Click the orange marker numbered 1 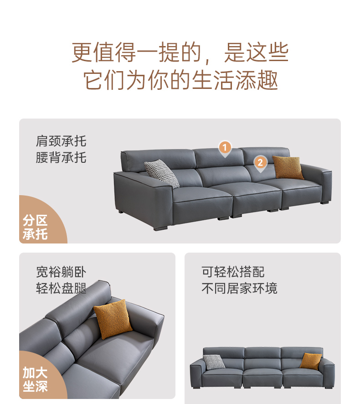tap(225, 148)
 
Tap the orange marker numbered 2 tap(260, 163)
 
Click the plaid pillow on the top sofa tap(162, 173)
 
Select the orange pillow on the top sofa tap(288, 167)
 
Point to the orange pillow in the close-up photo tap(113, 319)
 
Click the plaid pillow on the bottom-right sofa tap(214, 362)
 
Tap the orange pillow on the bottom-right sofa tap(311, 361)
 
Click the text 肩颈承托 tap(61, 141)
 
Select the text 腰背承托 tap(61, 157)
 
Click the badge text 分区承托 tap(35, 227)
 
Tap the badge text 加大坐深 tap(35, 379)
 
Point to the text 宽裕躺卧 tap(61, 272)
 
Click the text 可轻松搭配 tap(233, 272)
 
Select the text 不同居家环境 tap(240, 288)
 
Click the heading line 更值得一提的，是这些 tap(180, 52)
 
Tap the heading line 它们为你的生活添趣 tap(180, 80)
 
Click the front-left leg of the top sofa tap(161, 228)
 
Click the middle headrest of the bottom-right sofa tap(262, 353)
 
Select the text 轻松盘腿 tap(61, 288)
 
